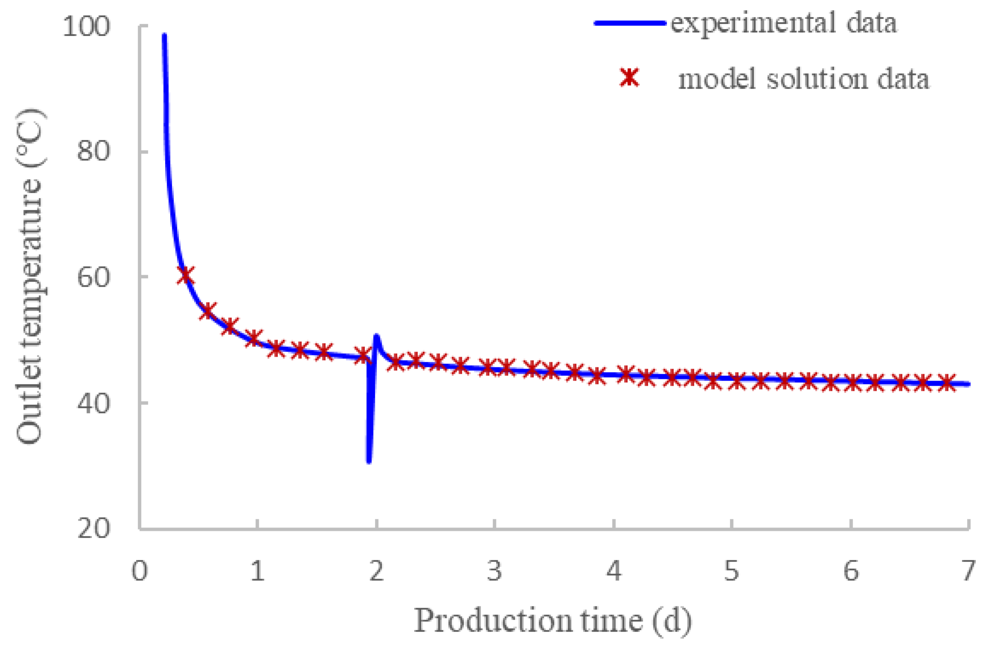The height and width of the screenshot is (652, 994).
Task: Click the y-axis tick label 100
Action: click(87, 26)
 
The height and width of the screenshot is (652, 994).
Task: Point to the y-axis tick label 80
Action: click(93, 151)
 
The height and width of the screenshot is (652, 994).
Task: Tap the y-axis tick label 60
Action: click(93, 277)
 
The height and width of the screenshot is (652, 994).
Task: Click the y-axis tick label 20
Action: click(93, 528)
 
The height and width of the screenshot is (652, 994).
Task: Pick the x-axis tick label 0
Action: click(140, 571)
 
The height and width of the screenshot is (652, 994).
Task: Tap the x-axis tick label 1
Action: click(257, 571)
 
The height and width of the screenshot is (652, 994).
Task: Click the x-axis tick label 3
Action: click(494, 571)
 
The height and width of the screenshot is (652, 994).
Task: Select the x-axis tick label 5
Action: click(732, 571)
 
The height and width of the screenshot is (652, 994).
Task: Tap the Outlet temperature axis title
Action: click(30, 277)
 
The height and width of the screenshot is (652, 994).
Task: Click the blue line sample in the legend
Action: click(630, 23)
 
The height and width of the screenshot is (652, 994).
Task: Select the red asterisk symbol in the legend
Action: click(630, 78)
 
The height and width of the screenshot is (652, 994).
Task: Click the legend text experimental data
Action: click(784, 23)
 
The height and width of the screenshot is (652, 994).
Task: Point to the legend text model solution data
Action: click(803, 79)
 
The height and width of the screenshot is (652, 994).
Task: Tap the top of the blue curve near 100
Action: click(164, 35)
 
